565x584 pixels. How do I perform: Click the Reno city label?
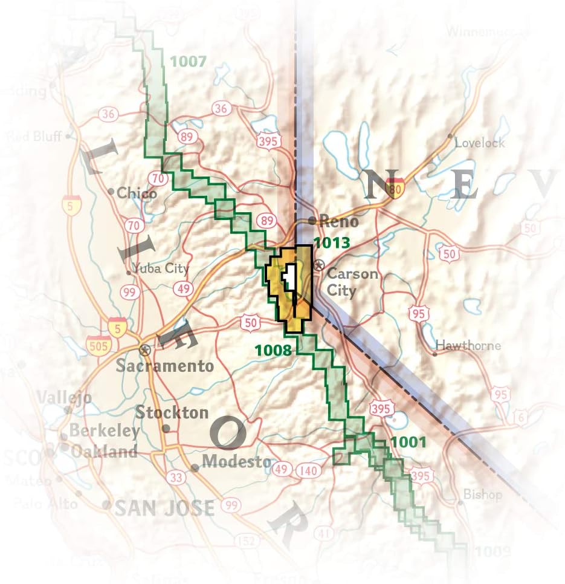(338, 221)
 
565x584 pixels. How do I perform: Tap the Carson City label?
(352, 282)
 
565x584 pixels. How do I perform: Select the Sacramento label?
(165, 366)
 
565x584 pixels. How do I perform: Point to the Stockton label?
(172, 414)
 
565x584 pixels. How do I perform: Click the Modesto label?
(236, 461)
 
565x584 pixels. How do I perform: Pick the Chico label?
(137, 193)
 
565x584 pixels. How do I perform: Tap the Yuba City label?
(161, 268)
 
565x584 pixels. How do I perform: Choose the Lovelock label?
(479, 143)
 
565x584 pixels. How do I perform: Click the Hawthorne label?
(468, 346)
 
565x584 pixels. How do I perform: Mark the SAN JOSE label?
(164, 508)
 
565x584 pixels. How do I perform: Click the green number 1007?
(189, 61)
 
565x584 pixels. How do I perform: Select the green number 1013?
(332, 243)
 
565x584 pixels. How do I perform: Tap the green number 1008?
(273, 349)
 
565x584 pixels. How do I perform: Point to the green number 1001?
(408, 442)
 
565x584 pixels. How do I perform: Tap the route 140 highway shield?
(308, 470)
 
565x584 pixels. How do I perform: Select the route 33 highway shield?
(176, 478)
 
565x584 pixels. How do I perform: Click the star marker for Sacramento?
(144, 349)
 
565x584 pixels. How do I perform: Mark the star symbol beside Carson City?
(320, 265)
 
